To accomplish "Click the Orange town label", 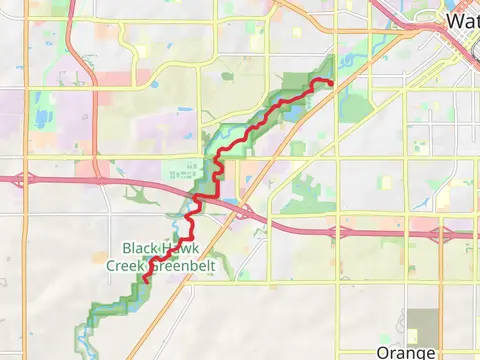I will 406,352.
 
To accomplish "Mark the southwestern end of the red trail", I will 146,281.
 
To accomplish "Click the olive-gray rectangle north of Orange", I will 422,325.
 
